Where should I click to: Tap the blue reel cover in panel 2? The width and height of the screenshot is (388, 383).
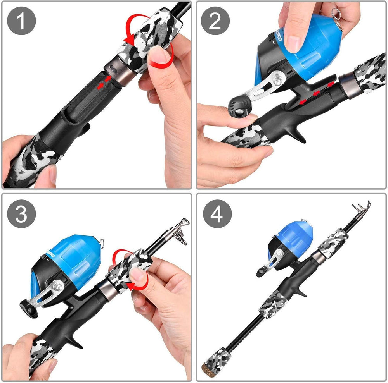click(310, 43)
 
